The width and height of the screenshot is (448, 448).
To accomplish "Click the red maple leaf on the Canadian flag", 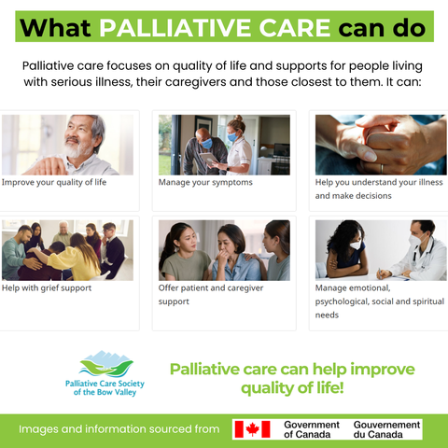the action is tap(252, 429).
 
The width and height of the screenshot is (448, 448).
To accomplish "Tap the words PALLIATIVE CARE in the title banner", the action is tap(215, 28).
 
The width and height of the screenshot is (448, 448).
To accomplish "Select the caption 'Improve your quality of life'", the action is tap(54, 182).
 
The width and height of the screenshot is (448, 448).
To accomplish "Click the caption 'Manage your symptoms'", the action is tap(205, 182).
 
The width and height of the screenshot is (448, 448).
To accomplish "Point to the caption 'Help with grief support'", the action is tap(47, 288).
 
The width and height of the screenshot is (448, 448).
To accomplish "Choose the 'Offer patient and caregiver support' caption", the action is tap(211, 295).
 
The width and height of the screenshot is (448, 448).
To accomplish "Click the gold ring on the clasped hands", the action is tap(382, 168).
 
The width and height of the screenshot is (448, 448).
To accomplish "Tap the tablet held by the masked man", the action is tap(209, 159).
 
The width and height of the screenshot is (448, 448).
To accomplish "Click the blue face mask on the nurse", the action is tap(232, 137).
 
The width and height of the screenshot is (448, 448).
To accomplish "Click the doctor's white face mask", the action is tap(416, 240).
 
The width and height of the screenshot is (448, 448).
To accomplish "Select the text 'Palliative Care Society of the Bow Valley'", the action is tap(105, 387).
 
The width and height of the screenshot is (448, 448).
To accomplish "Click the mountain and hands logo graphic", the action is tap(106, 364).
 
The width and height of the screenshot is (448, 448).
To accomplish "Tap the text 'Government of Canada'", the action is tap(312, 429).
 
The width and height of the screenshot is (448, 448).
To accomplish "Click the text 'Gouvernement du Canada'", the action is tap(386, 429).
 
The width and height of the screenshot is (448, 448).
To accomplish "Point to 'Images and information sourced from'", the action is tap(119, 429).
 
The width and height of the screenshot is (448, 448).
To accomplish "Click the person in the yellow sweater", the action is tap(75, 259).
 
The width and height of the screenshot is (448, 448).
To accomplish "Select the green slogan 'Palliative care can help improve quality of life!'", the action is tap(292, 378).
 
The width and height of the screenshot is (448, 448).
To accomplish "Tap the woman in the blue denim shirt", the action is tap(235, 254).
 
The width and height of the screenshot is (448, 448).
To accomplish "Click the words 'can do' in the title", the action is tap(382, 28).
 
